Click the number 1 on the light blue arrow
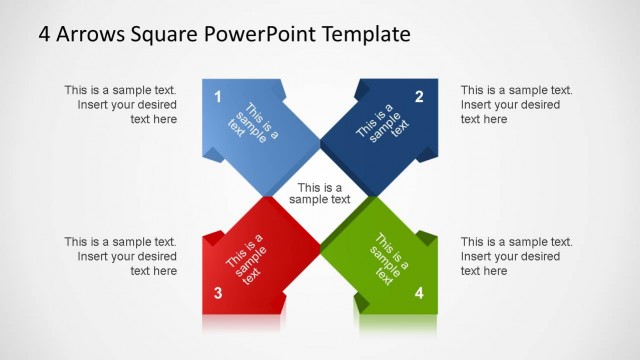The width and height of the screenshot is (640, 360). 218,97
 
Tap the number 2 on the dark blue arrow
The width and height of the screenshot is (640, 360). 419,97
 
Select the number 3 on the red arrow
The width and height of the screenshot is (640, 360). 218,293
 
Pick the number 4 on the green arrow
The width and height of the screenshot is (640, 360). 419,293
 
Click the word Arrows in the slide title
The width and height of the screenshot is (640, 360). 93,34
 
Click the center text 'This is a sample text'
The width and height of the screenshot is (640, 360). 320,193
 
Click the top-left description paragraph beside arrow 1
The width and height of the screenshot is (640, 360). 121,104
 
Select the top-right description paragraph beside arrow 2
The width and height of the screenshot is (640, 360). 516,104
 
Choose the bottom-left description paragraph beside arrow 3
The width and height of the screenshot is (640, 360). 121,256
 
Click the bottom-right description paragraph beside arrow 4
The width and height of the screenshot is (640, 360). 516,256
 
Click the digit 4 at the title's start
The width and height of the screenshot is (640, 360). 45,34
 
